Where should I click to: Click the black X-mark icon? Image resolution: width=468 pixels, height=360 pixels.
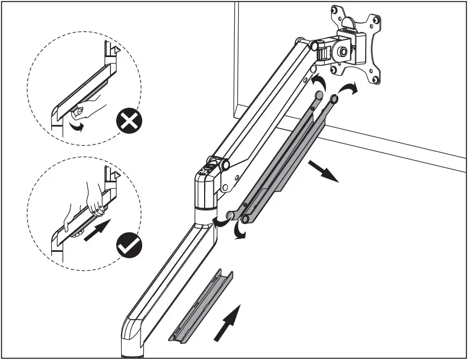(130, 123)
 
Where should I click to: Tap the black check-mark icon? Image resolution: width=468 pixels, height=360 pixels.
(130, 246)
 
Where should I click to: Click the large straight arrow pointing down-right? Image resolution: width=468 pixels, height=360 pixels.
(324, 171)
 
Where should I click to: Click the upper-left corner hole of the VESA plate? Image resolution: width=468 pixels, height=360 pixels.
(338, 10)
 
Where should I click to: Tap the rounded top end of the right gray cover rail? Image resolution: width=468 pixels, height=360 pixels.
(334, 98)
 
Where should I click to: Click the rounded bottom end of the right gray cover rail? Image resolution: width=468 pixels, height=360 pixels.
(246, 219)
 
